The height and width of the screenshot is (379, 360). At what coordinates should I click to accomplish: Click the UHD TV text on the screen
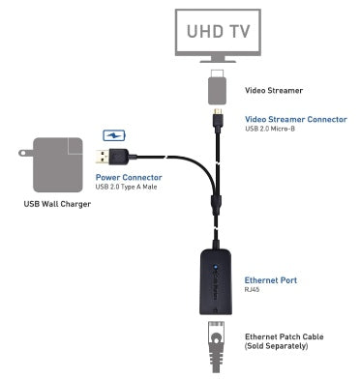pos(219,31)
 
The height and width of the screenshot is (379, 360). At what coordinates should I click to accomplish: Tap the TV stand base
pos(218,60)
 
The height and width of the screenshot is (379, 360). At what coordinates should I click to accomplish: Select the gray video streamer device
pos(218,87)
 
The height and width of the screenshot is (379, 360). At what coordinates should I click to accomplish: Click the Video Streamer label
pos(274,90)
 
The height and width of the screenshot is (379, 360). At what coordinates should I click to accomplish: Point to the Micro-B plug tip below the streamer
pos(218,111)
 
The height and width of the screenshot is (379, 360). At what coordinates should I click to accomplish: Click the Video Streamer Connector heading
pos(296,119)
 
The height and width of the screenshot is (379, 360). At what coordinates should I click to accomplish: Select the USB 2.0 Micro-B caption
pos(270,129)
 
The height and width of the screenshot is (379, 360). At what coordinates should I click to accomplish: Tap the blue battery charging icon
pos(114,135)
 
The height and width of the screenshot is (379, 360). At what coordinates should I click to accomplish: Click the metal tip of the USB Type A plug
pos(102,157)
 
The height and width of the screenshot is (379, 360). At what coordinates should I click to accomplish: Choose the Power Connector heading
pos(129,177)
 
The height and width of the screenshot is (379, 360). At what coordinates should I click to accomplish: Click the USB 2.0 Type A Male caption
pos(126,187)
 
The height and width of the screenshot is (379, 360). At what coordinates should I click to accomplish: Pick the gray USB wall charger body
pos(58,164)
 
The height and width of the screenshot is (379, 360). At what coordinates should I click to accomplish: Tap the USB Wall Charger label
pos(57,204)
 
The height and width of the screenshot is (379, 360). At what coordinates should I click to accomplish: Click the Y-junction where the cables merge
pos(216,203)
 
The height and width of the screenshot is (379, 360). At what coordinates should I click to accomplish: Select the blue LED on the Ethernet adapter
pos(216,267)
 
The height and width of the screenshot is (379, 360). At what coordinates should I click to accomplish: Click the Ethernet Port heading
pos(271,280)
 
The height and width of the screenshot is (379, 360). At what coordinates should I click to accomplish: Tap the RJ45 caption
pos(252,290)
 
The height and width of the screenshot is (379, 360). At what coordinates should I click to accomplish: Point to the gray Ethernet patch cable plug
pos(216,346)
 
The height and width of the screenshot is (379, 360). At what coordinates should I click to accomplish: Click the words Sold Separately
pos(277,346)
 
